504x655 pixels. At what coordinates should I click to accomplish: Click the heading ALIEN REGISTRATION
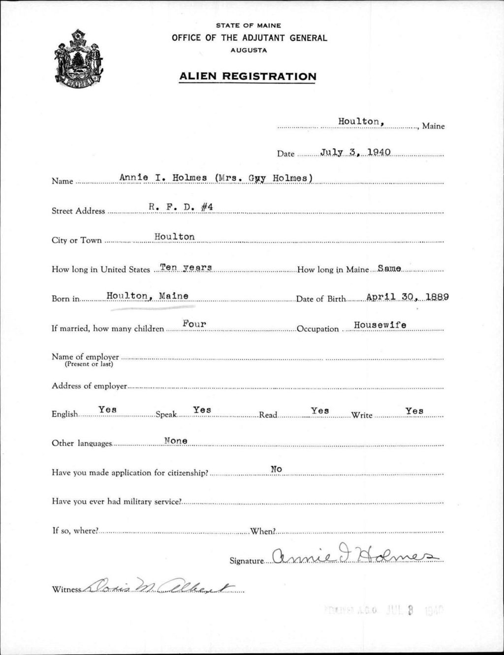(248, 76)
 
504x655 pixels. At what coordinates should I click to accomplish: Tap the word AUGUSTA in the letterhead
(249, 50)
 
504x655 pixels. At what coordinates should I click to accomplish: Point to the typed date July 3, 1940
(355, 152)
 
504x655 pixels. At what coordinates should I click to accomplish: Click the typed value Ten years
(183, 267)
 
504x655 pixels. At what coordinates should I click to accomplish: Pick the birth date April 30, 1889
(408, 297)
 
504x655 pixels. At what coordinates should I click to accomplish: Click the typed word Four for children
(194, 324)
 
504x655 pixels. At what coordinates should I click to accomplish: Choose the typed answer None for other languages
(176, 441)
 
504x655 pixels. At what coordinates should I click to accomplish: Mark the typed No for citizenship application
(276, 469)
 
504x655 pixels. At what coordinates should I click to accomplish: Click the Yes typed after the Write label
(414, 411)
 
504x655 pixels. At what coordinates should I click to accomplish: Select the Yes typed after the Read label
(320, 410)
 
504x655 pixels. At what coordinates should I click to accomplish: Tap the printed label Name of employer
(85, 357)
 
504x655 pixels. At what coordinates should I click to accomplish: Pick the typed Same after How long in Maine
(389, 268)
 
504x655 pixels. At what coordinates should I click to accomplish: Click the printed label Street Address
(78, 211)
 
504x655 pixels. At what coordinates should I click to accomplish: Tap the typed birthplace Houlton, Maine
(148, 296)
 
